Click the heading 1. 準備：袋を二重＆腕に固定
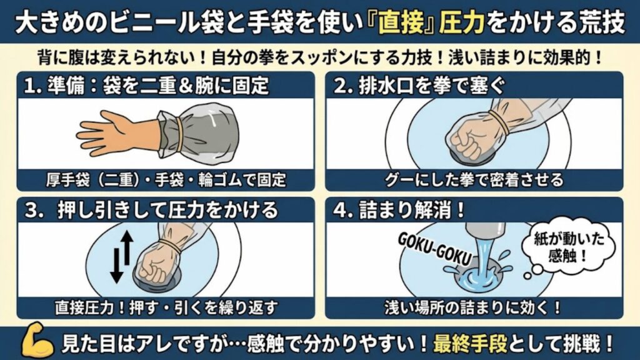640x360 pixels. [147, 85]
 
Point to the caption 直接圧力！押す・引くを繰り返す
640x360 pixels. [165, 307]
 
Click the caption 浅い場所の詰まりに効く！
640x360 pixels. [474, 307]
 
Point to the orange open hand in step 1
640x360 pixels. [106, 131]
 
